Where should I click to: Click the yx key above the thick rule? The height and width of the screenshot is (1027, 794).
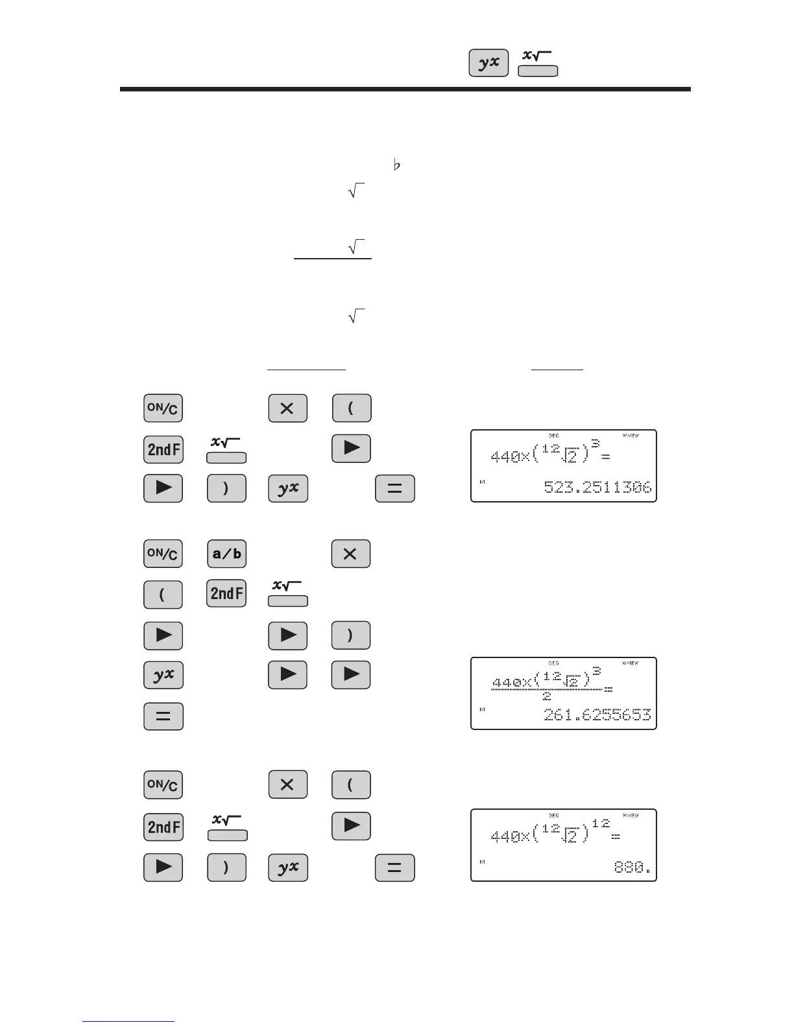pos(488,63)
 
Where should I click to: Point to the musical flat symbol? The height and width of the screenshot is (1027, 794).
pos(397,165)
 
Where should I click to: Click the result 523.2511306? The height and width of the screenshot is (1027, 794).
pos(597,487)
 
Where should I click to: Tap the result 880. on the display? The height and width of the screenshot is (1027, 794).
pos(632,866)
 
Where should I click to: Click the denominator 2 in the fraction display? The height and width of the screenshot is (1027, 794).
pos(547,696)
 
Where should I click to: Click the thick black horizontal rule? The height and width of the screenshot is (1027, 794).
pos(405,89)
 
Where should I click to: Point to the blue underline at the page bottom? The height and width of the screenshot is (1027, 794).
pos(128,1021)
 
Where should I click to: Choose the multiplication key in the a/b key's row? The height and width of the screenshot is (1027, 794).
pos(350,554)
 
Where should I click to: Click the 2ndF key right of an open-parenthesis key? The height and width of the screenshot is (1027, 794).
pos(226,593)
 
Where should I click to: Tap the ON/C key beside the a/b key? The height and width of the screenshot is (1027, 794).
pos(163,554)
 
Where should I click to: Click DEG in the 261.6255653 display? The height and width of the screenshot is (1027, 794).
pos(553,663)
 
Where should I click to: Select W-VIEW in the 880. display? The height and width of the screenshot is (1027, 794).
pos(630,815)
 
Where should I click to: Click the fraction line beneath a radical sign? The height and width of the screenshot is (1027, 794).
pos(333,259)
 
